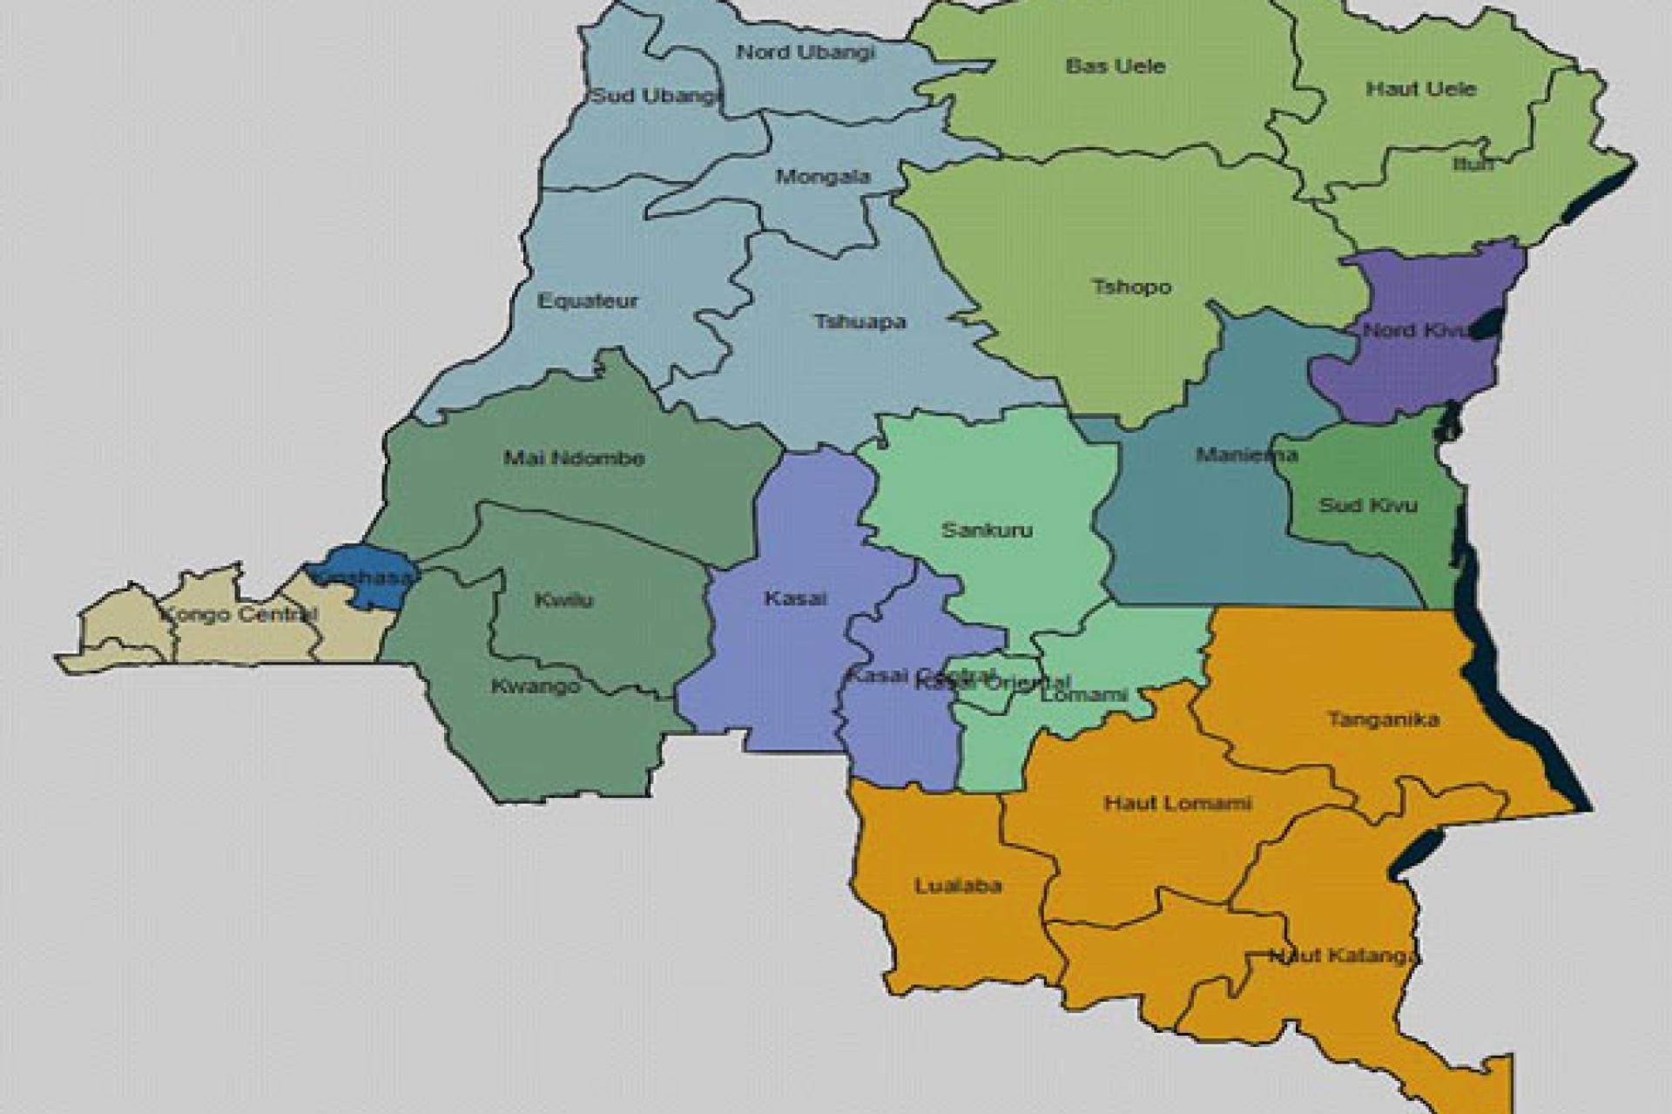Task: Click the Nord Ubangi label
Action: point(805,52)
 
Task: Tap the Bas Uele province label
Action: point(1115,66)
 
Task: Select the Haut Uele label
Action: point(1420,89)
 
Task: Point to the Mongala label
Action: point(823,178)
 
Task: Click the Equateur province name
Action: point(588,302)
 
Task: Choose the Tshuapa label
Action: point(860,322)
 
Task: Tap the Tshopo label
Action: point(1131,287)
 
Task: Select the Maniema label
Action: point(1246,455)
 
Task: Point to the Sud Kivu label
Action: point(1367,505)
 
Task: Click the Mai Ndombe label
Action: point(574,458)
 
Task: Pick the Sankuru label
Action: point(987,530)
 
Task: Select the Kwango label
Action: point(535,686)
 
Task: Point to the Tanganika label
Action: point(1383,719)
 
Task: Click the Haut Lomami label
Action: point(1177,803)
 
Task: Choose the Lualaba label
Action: point(958,887)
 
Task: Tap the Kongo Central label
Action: point(240,615)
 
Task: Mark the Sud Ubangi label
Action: point(656,96)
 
